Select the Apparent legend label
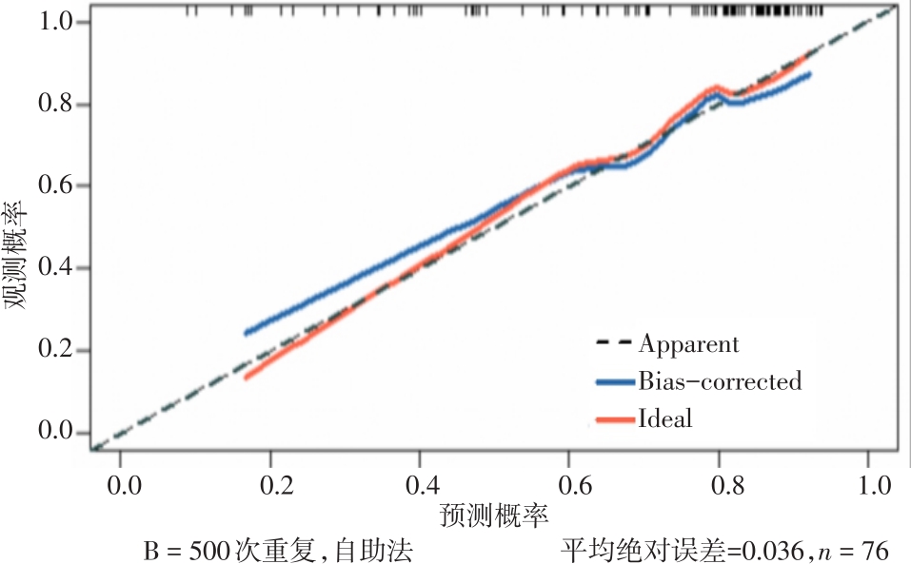click(x=688, y=342)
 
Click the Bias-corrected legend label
click(x=720, y=381)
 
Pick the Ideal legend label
click(x=665, y=418)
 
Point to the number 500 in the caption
click(x=209, y=550)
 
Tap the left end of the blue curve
click(x=247, y=333)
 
